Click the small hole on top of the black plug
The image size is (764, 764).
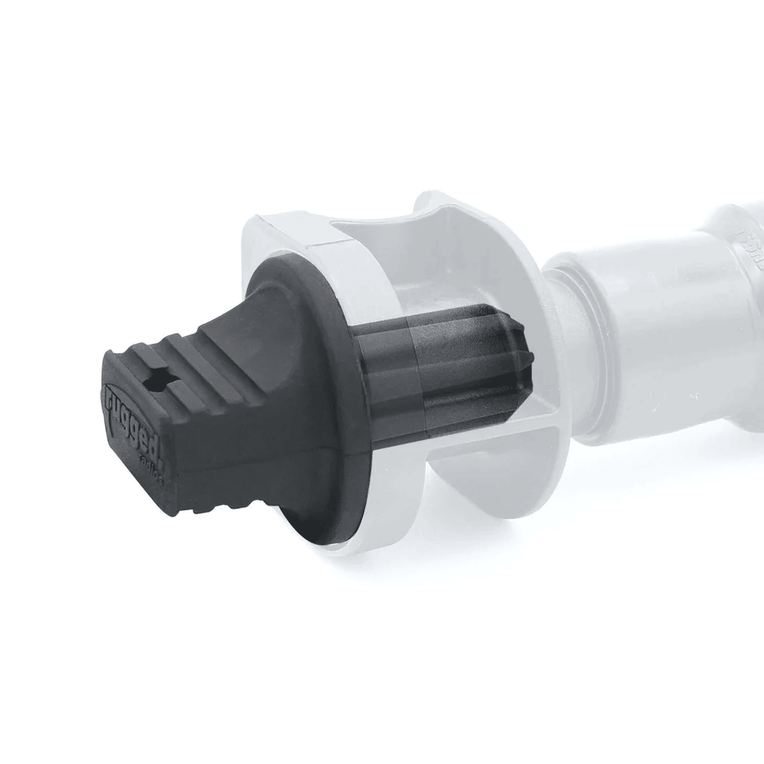point(159,383)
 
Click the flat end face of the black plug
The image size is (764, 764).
point(138,433)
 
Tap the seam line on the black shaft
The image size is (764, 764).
point(418,381)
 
